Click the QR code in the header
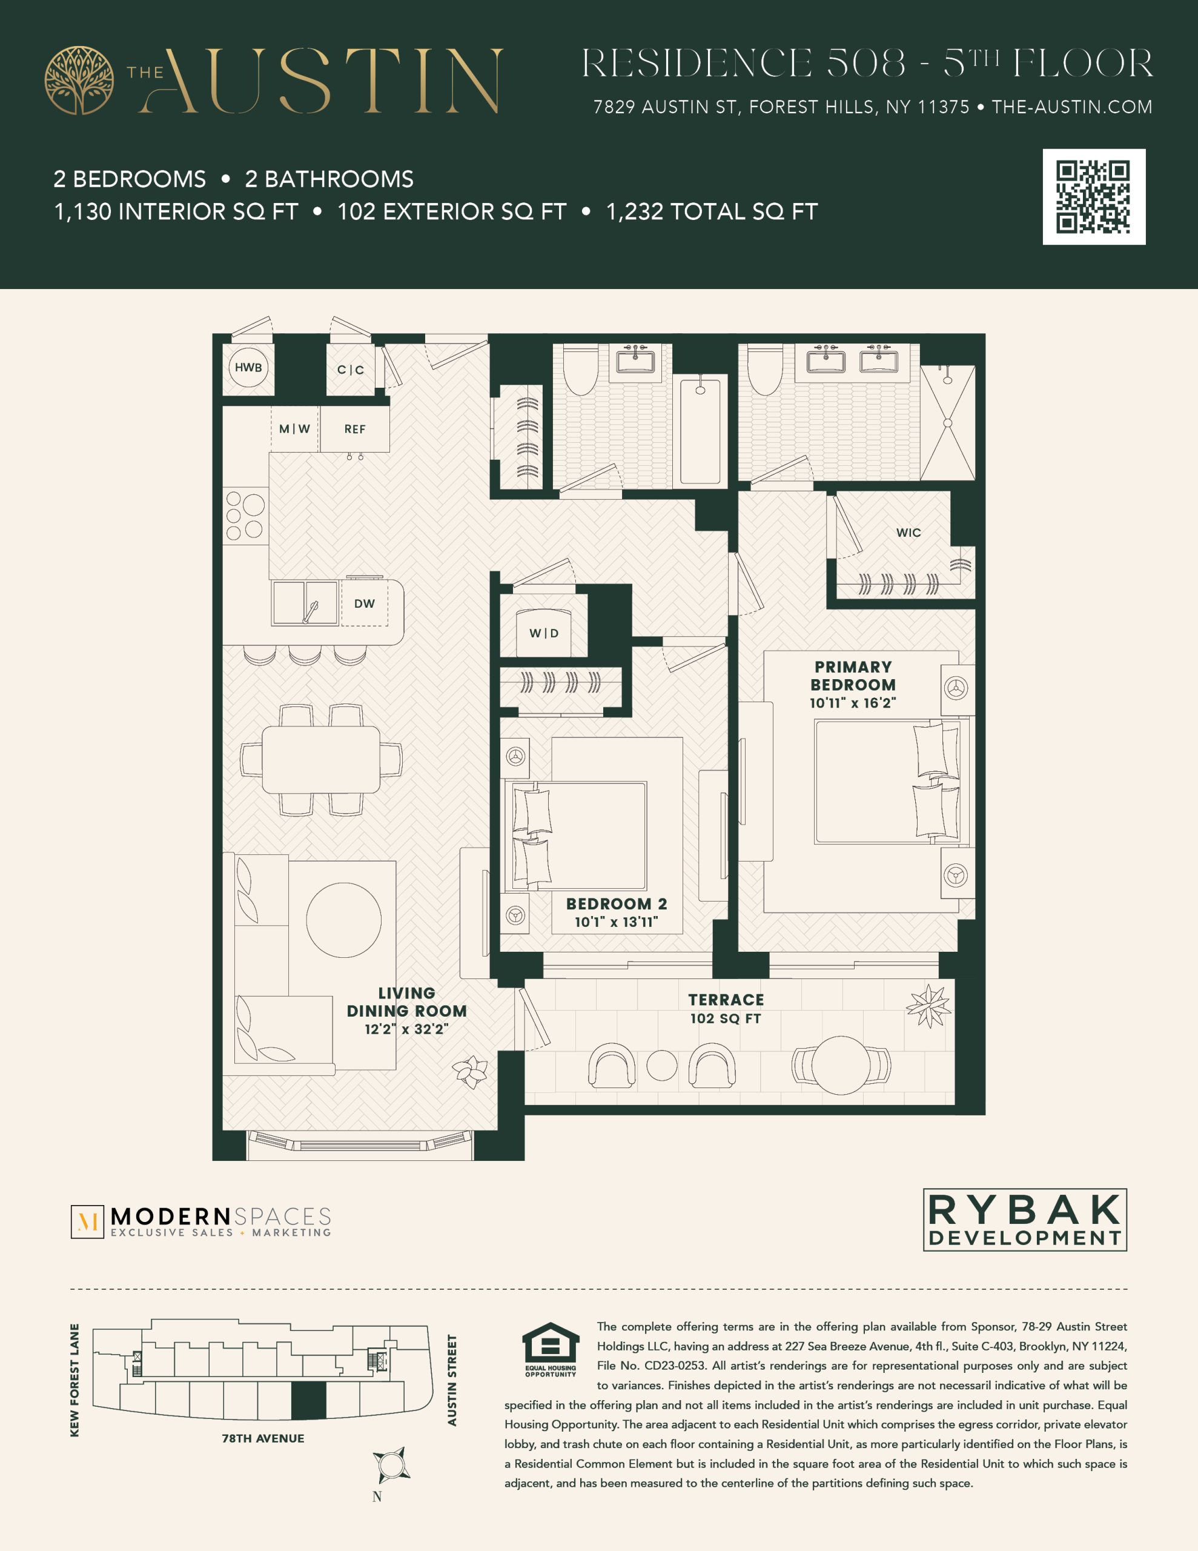[x=1094, y=197]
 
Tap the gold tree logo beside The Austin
[x=79, y=80]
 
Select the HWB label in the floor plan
[x=248, y=367]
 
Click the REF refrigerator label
[x=355, y=429]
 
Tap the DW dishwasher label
[x=364, y=603]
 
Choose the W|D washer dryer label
[x=544, y=633]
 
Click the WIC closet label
[x=908, y=533]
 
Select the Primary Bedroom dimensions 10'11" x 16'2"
[x=853, y=703]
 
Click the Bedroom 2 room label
[x=617, y=904]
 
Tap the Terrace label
[x=726, y=1000]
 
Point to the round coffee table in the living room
[x=343, y=920]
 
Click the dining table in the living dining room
[x=321, y=759]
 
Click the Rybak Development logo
[x=1025, y=1220]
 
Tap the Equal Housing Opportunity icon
[x=551, y=1349]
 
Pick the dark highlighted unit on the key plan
[x=309, y=1401]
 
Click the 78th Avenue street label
[x=263, y=1438]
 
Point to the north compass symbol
[x=391, y=1464]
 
